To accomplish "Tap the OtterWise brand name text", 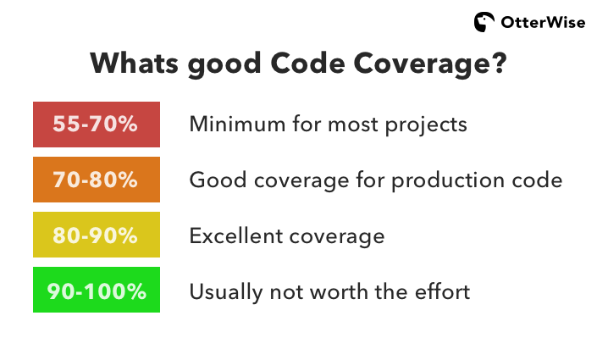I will [x=542, y=23].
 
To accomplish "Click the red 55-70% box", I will [x=96, y=125].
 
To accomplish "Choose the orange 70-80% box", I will [x=96, y=180].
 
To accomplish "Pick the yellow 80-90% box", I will [x=96, y=235].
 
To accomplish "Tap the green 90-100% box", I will [x=96, y=291].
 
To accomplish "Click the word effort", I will [x=441, y=291].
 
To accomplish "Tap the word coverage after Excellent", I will [x=337, y=236].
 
